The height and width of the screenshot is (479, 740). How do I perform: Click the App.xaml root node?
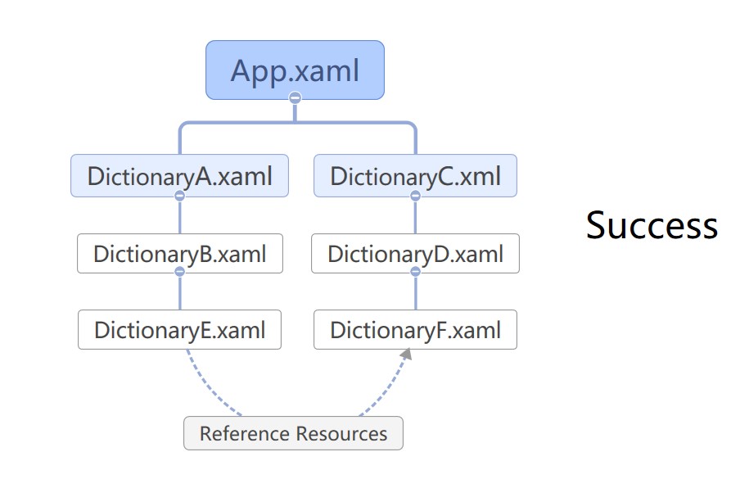[295, 70]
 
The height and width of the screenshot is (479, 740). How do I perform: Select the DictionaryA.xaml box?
[179, 175]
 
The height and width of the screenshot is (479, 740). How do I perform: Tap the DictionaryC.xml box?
[415, 175]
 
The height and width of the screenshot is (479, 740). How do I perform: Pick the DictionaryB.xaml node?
[180, 254]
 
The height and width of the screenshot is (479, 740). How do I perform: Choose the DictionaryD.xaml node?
[415, 254]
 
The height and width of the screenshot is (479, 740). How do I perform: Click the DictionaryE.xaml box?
[179, 329]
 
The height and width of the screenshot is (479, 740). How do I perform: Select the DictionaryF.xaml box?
[415, 329]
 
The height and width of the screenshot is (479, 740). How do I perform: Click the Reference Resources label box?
[293, 433]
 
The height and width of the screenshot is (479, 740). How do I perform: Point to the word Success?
[652, 225]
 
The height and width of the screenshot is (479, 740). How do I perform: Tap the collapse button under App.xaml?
[295, 97]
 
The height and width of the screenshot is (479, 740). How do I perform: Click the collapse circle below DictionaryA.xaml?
[180, 196]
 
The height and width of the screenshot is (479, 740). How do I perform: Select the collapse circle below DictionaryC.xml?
[415, 196]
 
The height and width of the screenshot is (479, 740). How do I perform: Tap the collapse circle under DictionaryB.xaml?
[180, 271]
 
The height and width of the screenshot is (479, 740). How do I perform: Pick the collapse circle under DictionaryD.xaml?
[415, 271]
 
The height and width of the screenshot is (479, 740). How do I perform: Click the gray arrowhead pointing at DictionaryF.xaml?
[406, 354]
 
